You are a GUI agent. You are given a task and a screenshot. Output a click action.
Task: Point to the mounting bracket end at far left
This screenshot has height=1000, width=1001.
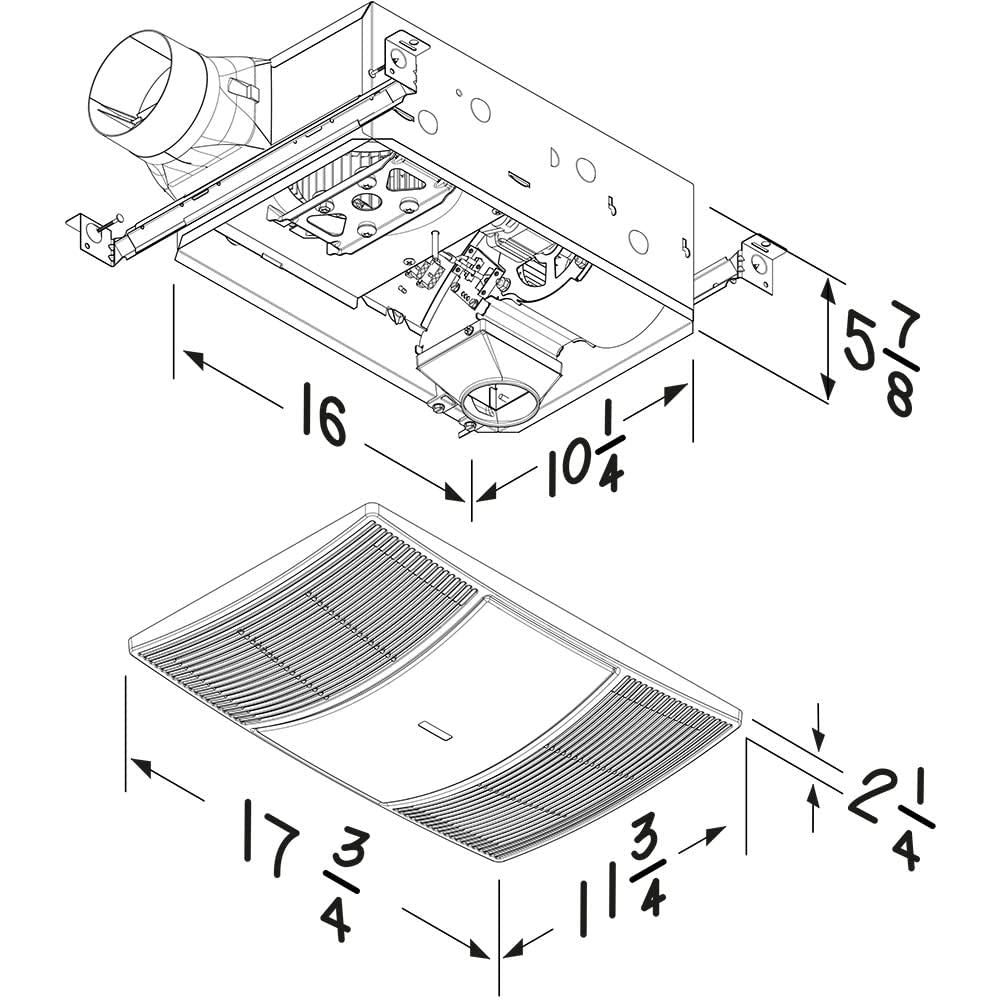click(92, 238)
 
